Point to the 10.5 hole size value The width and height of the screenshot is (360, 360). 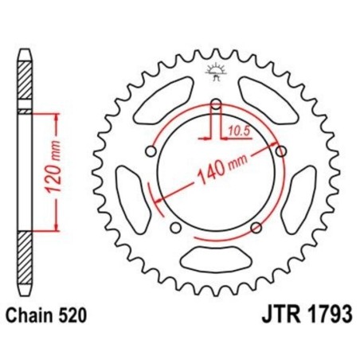(x=236, y=127)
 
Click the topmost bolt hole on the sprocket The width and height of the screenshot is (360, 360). (x=216, y=103)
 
